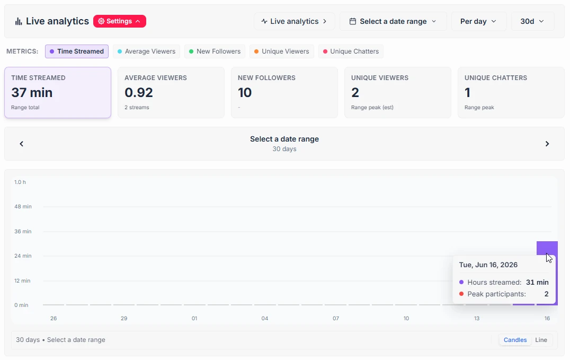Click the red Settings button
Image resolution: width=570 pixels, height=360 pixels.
[x=120, y=21]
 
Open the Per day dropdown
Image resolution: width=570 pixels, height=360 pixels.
[x=478, y=21]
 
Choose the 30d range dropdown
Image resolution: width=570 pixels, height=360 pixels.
[x=532, y=21]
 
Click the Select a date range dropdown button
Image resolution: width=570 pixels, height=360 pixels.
[x=393, y=21]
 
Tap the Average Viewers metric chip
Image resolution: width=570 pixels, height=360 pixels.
[x=146, y=51]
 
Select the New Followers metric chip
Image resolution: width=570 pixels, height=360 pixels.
[x=215, y=51]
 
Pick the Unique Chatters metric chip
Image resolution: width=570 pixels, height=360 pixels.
[x=351, y=51]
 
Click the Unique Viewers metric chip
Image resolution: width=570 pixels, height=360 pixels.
[x=281, y=51]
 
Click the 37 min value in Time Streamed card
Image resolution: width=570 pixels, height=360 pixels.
[x=32, y=92]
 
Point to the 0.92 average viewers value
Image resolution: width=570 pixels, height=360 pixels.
[x=138, y=92]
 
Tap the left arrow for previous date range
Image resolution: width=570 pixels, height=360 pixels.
[x=21, y=144]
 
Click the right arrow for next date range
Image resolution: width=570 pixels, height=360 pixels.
[x=547, y=144]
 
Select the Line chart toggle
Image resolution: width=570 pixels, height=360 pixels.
[x=541, y=340]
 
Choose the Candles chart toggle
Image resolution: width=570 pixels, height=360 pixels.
[x=515, y=340]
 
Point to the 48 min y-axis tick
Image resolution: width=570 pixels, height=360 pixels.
[x=23, y=206]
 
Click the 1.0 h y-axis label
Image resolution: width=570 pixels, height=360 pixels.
[x=20, y=182]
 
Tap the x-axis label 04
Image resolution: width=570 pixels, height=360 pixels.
[x=265, y=318]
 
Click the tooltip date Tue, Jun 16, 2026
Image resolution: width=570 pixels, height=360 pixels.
[x=488, y=265]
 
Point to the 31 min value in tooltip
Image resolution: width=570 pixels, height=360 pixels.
[x=537, y=282]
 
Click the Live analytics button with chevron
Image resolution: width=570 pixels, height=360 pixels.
[x=294, y=21]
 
